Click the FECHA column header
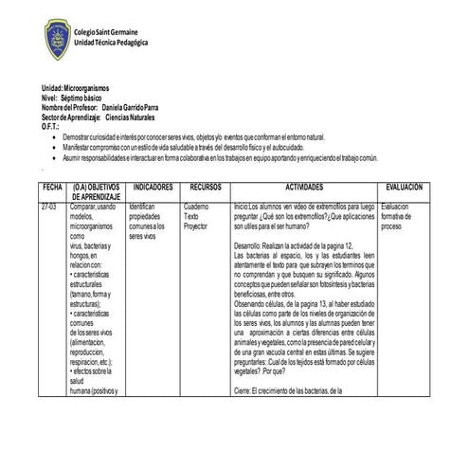point(52,188)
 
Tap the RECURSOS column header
point(205,188)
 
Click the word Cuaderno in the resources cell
point(196,206)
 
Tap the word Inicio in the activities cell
point(241,206)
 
